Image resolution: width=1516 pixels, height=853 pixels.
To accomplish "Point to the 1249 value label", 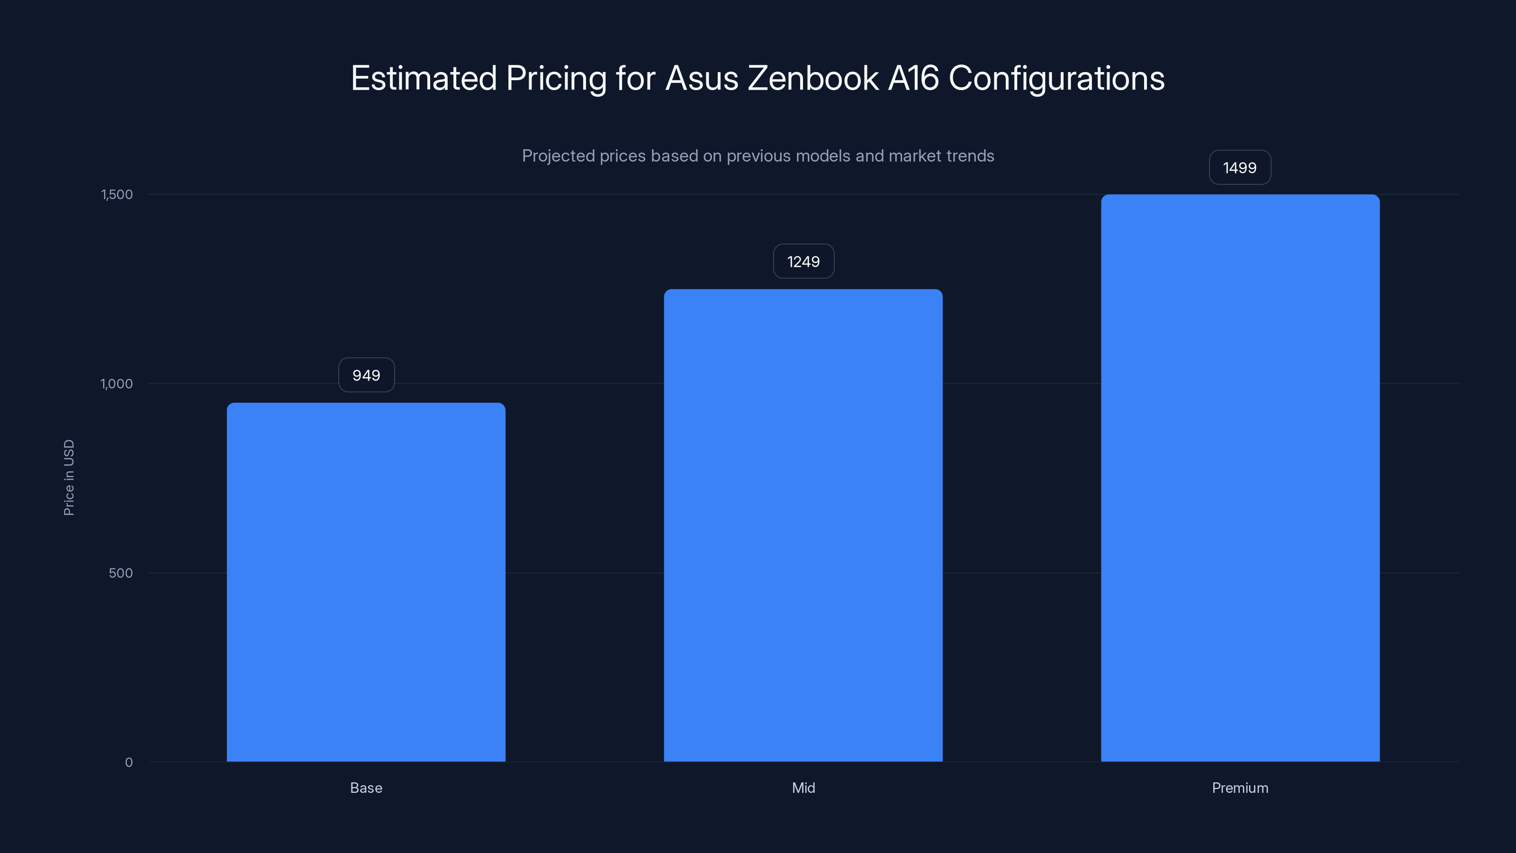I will click(x=803, y=262).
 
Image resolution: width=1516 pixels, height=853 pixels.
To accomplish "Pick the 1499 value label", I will click(x=1239, y=168).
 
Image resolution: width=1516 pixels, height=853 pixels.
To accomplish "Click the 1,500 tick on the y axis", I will click(x=117, y=194).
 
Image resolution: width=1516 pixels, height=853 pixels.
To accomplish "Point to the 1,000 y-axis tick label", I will click(x=117, y=384).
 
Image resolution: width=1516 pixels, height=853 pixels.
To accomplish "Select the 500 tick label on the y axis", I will click(x=121, y=573).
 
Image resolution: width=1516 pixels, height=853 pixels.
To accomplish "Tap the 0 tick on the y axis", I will click(x=129, y=762).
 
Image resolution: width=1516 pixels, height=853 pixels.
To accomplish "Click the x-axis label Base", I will click(x=366, y=788).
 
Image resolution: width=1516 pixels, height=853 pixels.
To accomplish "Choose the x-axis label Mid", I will click(x=803, y=788).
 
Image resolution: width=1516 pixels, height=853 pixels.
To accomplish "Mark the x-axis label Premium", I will click(x=1240, y=788).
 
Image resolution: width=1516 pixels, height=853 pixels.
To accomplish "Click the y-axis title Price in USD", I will click(x=69, y=477).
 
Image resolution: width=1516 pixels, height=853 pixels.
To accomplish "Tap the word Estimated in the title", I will click(x=424, y=78).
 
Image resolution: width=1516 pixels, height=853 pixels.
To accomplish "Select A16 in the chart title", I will click(x=913, y=78).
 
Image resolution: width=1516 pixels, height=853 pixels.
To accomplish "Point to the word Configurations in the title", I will click(x=1056, y=78).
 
